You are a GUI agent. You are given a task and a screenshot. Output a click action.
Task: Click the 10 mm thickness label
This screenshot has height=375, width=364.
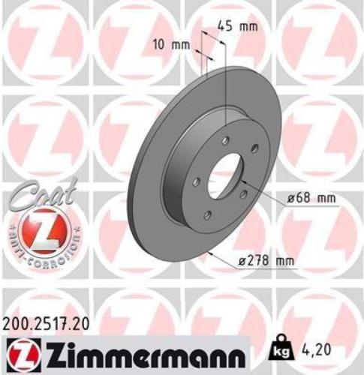(172, 44)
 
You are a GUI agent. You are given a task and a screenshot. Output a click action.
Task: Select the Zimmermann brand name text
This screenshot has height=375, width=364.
(143, 350)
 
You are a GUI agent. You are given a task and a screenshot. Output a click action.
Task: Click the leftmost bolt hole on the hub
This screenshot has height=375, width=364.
(195, 180)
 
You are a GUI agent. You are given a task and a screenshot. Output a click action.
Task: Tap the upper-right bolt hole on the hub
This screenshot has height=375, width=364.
(254, 147)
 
